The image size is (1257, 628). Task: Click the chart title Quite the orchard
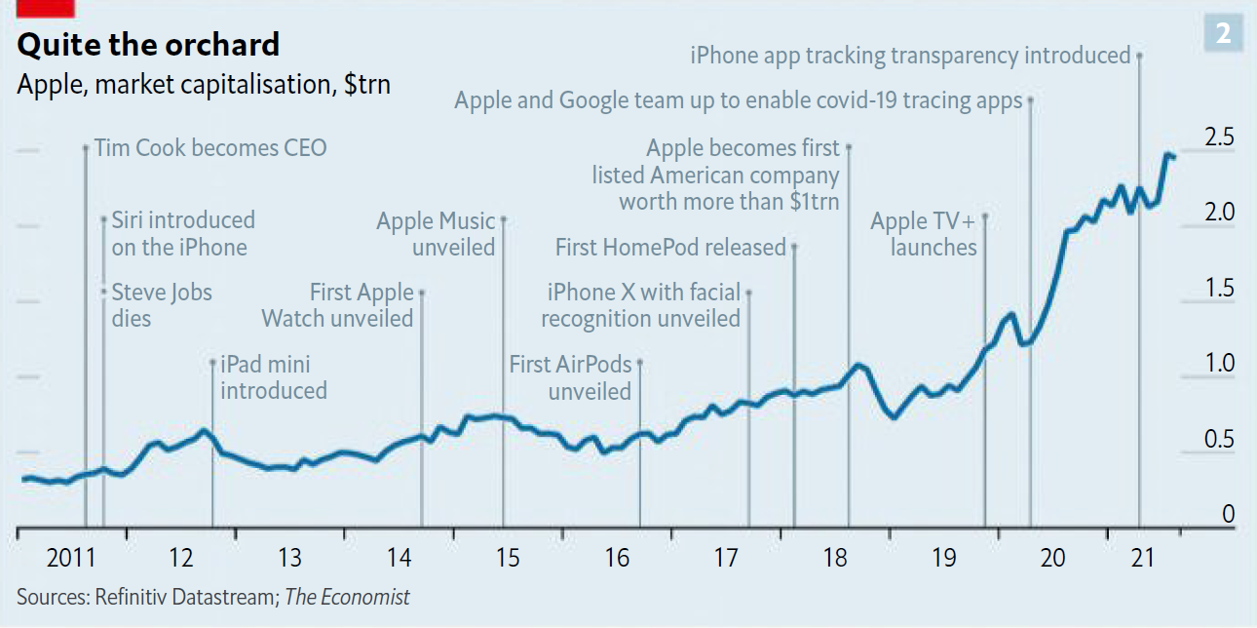148,45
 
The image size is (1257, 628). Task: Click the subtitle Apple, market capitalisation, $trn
204,84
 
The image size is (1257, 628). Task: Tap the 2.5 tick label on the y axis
1219,137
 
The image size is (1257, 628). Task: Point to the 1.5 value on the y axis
1219,289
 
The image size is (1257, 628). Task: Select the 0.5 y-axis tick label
1219,440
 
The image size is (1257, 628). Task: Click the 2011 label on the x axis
71,559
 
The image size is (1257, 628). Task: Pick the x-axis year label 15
508,559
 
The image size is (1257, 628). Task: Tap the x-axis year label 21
1142,559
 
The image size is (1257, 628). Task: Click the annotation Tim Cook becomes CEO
210,148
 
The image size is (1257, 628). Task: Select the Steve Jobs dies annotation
162,304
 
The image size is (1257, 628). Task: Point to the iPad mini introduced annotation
274,377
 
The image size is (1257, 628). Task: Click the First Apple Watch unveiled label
338,304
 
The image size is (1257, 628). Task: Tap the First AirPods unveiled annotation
571,377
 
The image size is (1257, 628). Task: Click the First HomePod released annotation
670,248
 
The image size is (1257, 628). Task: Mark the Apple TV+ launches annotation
924,234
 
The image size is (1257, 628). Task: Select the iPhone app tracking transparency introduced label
910,56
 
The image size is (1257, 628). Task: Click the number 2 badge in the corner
1224,35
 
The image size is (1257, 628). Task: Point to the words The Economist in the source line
347,597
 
